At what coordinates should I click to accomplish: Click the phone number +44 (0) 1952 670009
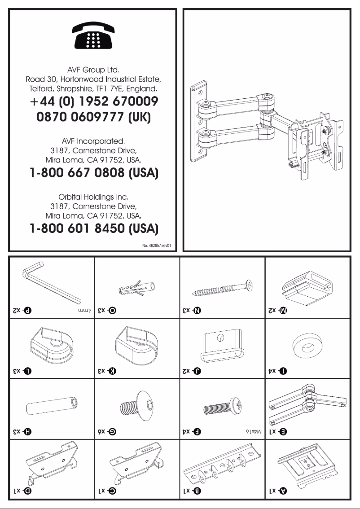tap(93, 102)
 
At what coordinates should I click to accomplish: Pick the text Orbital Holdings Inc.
tap(93, 197)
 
